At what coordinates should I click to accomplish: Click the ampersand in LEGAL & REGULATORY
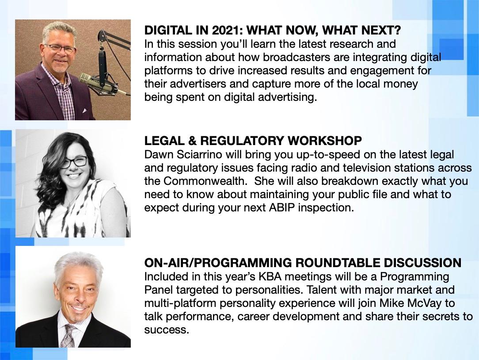click(192, 141)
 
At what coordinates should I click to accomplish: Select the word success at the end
click(167, 330)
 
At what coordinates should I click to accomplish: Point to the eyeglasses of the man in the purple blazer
click(60, 48)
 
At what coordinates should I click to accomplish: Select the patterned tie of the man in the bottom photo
click(68, 336)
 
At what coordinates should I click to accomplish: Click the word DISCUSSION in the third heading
click(422, 263)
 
